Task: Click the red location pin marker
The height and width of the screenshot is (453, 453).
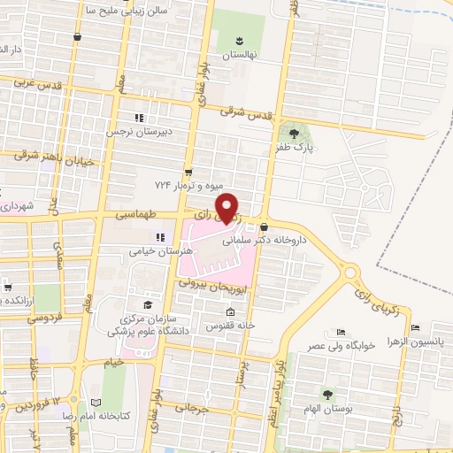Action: [x=227, y=207]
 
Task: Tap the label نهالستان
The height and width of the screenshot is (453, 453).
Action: [x=239, y=54]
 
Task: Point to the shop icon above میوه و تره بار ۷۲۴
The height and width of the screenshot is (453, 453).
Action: [x=188, y=172]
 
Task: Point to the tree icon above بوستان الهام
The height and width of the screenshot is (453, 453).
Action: [x=328, y=394]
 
